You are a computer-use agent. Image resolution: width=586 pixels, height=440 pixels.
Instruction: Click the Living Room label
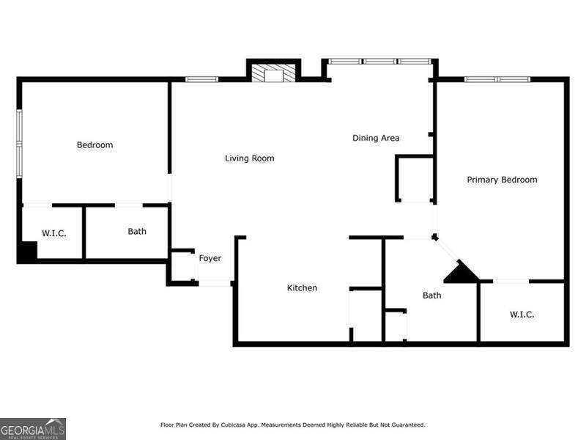[249, 158]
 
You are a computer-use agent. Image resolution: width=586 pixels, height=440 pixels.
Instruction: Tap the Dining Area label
[376, 138]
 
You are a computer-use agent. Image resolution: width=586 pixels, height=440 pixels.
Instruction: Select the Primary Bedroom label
[502, 180]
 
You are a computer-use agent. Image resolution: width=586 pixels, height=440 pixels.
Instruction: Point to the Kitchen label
[302, 287]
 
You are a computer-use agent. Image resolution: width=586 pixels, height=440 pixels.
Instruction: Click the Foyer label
[210, 259]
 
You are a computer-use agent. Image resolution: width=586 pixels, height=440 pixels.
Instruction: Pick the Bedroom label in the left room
[94, 144]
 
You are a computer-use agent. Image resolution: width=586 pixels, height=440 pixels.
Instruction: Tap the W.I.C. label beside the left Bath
[53, 233]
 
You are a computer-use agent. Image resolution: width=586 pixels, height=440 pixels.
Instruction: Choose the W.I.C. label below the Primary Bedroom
[522, 315]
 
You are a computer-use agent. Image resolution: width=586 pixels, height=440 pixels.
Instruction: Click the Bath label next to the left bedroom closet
[137, 232]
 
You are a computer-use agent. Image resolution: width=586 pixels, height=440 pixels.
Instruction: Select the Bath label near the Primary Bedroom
[431, 296]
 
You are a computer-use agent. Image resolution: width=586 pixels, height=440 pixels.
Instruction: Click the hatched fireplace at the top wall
[273, 73]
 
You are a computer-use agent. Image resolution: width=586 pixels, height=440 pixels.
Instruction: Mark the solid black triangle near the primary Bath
[461, 271]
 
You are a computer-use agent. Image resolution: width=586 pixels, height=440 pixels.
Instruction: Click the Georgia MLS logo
[33, 429]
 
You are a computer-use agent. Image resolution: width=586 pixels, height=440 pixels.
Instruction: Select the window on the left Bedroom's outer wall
[19, 143]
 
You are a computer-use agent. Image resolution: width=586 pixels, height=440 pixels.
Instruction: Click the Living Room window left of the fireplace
[202, 79]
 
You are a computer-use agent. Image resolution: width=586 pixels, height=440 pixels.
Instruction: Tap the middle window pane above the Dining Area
[379, 62]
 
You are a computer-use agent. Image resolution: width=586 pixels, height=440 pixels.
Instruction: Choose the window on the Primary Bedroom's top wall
[497, 79]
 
